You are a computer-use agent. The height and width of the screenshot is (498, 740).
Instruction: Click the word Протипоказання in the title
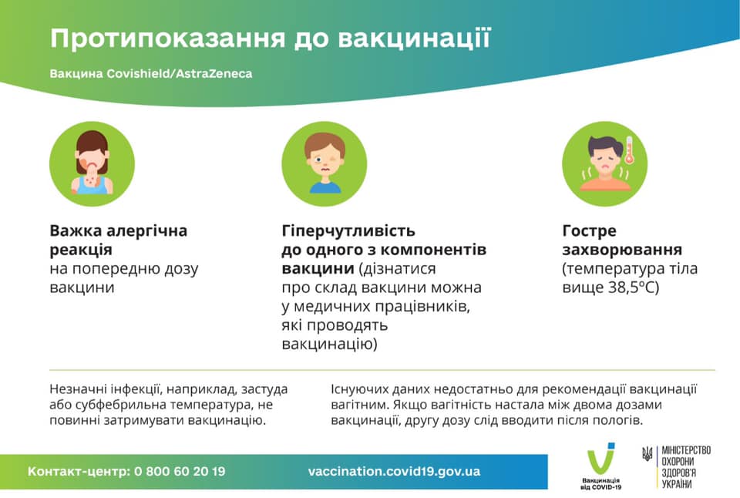159,38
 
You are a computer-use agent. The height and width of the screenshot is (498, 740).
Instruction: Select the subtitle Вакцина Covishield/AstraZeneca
150,75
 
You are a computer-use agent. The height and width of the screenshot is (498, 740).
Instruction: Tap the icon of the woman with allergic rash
92,163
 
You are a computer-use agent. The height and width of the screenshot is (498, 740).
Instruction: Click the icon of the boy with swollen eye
324,163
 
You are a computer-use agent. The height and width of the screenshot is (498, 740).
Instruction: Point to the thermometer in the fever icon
629,150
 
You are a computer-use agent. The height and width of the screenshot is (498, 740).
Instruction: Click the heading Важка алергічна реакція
118,240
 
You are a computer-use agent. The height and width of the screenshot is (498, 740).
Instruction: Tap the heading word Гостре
590,230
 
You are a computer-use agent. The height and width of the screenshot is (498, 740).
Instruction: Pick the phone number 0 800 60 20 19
180,471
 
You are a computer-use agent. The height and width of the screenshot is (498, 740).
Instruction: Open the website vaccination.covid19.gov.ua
394,471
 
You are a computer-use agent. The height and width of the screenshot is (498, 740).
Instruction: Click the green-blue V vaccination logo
600,461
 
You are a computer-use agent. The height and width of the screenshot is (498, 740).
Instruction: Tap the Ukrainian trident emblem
647,455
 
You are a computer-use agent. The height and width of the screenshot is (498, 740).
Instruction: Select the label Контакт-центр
77,471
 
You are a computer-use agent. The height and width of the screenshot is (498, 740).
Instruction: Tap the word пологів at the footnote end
617,421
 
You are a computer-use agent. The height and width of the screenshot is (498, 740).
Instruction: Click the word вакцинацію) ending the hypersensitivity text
329,345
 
